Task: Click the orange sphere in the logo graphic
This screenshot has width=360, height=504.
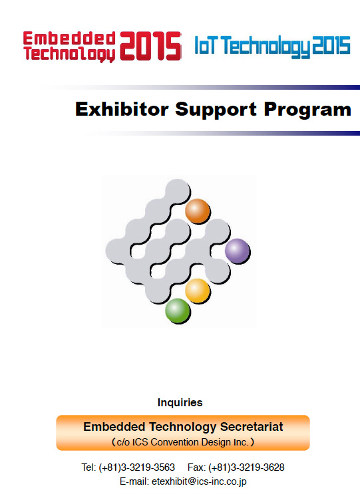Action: (198, 211)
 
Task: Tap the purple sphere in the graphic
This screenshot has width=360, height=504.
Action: (237, 251)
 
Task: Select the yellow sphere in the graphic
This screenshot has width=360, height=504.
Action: (198, 291)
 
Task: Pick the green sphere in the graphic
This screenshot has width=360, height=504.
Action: (178, 311)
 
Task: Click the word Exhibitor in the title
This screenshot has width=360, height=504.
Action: (122, 109)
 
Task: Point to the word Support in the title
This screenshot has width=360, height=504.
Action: (216, 110)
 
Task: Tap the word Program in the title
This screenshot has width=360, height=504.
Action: (307, 110)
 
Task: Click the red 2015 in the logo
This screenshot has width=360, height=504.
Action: (150, 46)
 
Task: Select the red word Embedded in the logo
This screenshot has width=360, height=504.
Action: (69, 39)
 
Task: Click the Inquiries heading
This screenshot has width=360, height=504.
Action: (180, 402)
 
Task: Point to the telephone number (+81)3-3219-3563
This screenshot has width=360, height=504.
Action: (136, 467)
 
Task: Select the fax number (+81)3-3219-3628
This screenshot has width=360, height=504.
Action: (246, 467)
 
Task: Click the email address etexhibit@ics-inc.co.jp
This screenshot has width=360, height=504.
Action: (199, 481)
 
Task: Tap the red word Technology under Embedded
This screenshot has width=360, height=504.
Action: (69, 54)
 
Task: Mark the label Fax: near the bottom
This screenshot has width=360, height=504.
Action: (196, 467)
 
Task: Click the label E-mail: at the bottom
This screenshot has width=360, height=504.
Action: (134, 481)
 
